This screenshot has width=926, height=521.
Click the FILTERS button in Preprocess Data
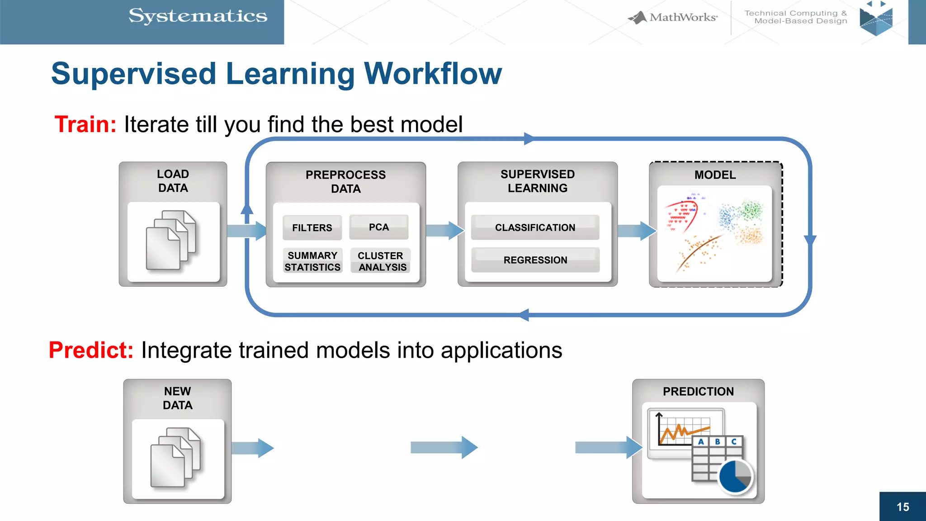312,227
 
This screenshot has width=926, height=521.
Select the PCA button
379,227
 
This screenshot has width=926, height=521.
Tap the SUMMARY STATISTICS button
312,261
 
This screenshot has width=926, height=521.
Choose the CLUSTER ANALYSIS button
381,261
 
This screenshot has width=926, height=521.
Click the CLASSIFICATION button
535,227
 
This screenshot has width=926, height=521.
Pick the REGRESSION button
535,260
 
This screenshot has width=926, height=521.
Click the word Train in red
85,124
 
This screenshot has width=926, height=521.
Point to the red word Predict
91,350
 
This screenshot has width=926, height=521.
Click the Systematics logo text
198,16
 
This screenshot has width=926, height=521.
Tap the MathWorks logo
674,18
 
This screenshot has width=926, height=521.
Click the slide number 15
902,507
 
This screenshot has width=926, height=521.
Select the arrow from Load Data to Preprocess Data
246,231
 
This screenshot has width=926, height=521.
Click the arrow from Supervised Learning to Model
637,231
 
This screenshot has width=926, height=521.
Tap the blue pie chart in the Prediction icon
735,476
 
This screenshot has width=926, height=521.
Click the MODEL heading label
715,175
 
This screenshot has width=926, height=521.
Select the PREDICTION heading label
698,392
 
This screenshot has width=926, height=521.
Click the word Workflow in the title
433,74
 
